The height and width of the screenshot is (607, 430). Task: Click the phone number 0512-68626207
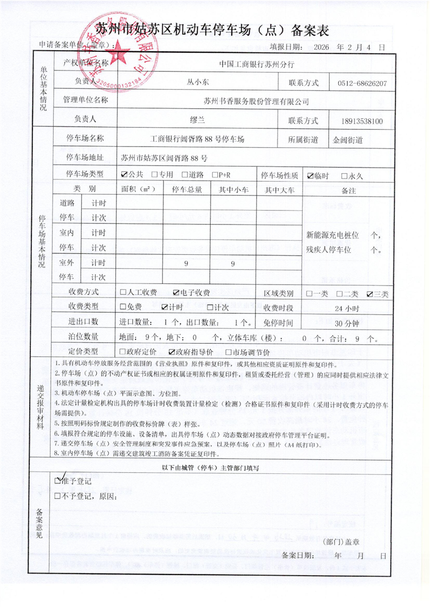pos(362,83)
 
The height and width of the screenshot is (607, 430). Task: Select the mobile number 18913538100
pos(362,121)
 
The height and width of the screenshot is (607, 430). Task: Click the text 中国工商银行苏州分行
pos(257,64)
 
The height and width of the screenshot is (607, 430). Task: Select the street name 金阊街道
pos(348,140)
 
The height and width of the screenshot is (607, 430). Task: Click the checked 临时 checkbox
pos(310,175)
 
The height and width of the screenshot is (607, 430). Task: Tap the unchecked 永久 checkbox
pos(344,175)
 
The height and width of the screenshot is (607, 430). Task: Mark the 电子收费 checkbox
pos(176,293)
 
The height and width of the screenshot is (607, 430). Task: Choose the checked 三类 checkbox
pos(369,294)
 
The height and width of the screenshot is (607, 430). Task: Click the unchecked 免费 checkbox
pos(123,307)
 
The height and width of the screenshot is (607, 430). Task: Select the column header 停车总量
pos(187,189)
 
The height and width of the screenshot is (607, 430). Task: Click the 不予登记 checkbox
pos(58,496)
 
